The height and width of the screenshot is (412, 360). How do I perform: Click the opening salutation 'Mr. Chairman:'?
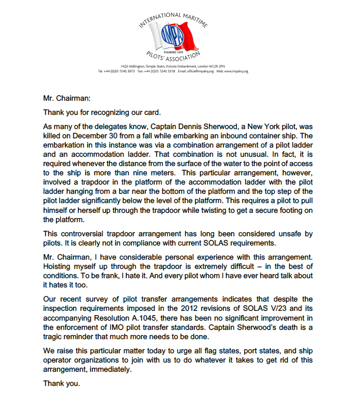coord(66,99)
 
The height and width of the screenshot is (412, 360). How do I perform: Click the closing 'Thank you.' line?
coord(62,384)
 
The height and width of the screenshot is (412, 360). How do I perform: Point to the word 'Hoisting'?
coord(58,267)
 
